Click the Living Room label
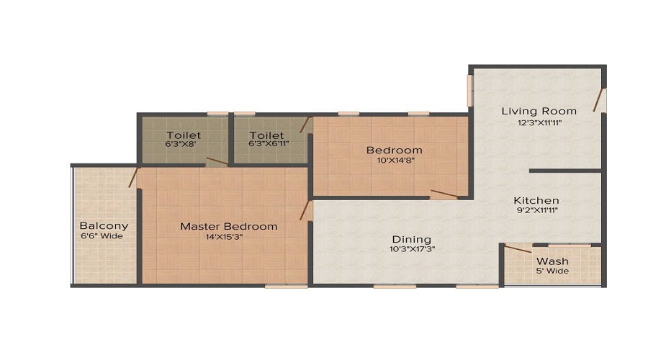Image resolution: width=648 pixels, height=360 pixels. [x=539, y=111]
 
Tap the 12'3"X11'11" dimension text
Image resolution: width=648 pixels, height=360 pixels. [x=539, y=122]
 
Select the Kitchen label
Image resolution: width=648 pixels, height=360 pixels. [x=536, y=200]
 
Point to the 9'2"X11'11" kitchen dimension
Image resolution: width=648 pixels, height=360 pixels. [x=536, y=211]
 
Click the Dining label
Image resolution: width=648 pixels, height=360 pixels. [x=411, y=239]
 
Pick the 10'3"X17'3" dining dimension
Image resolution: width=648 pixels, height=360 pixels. [x=411, y=249]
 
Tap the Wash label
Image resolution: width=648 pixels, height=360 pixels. [x=552, y=261]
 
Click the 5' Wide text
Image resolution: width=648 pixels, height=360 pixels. [x=552, y=271]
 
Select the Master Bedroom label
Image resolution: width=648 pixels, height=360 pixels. [x=228, y=226]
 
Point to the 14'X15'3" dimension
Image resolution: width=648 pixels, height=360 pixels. [x=228, y=237]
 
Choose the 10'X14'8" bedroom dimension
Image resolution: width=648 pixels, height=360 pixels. [x=394, y=161]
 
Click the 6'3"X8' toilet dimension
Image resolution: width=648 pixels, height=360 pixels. [x=184, y=144]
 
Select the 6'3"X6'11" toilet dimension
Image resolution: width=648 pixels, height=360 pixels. [x=266, y=144]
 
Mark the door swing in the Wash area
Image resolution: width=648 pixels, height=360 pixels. [x=518, y=250]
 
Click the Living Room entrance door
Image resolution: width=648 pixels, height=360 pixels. [x=598, y=100]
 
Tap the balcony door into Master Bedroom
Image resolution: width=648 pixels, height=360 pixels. [x=134, y=177]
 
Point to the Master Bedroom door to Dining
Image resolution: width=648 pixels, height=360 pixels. [x=305, y=210]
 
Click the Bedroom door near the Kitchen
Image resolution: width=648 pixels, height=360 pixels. [x=444, y=194]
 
